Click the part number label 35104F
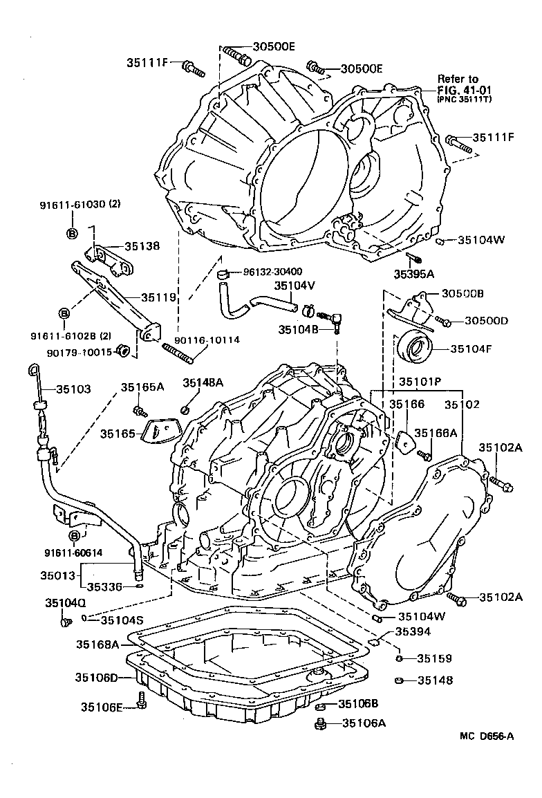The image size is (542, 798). click(471, 349)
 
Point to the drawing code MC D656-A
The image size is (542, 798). click(487, 736)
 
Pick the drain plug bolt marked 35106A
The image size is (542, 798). click(320, 724)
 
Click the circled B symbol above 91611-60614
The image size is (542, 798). click(74, 536)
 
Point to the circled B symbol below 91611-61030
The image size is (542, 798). click(72, 232)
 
